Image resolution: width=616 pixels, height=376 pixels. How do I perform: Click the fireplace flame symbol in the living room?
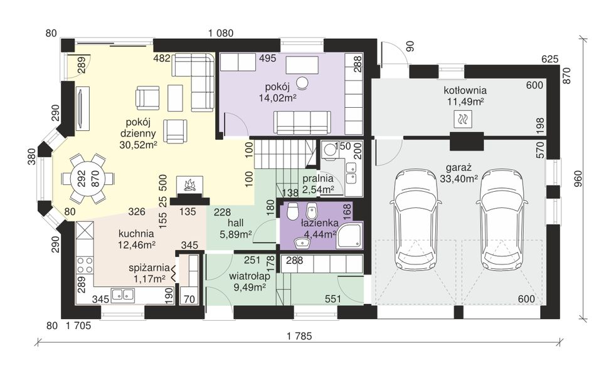click(190, 184)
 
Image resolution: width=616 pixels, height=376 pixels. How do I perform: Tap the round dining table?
click(87, 179)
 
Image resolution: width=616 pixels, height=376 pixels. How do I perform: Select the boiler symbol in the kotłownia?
click(463, 119)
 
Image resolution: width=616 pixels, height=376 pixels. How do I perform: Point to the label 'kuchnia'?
click(136, 234)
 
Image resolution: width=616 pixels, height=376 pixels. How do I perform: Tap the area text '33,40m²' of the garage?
click(458, 179)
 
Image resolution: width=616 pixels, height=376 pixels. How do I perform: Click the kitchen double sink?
click(123, 294)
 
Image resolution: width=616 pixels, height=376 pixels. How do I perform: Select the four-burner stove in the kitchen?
click(85, 265)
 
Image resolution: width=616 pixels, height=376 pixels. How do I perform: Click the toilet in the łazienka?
click(292, 212)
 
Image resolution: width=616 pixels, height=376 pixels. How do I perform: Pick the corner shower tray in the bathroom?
click(349, 236)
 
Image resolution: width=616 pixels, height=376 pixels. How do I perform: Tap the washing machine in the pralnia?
click(329, 150)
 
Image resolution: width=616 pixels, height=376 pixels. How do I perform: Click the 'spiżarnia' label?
click(149, 268)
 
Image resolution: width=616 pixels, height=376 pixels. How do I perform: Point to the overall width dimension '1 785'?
click(299, 336)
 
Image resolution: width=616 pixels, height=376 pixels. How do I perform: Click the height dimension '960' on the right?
click(578, 178)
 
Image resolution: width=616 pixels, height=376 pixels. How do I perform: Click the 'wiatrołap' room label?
click(250, 276)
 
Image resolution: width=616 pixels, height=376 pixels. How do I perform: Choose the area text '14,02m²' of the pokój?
click(277, 98)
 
